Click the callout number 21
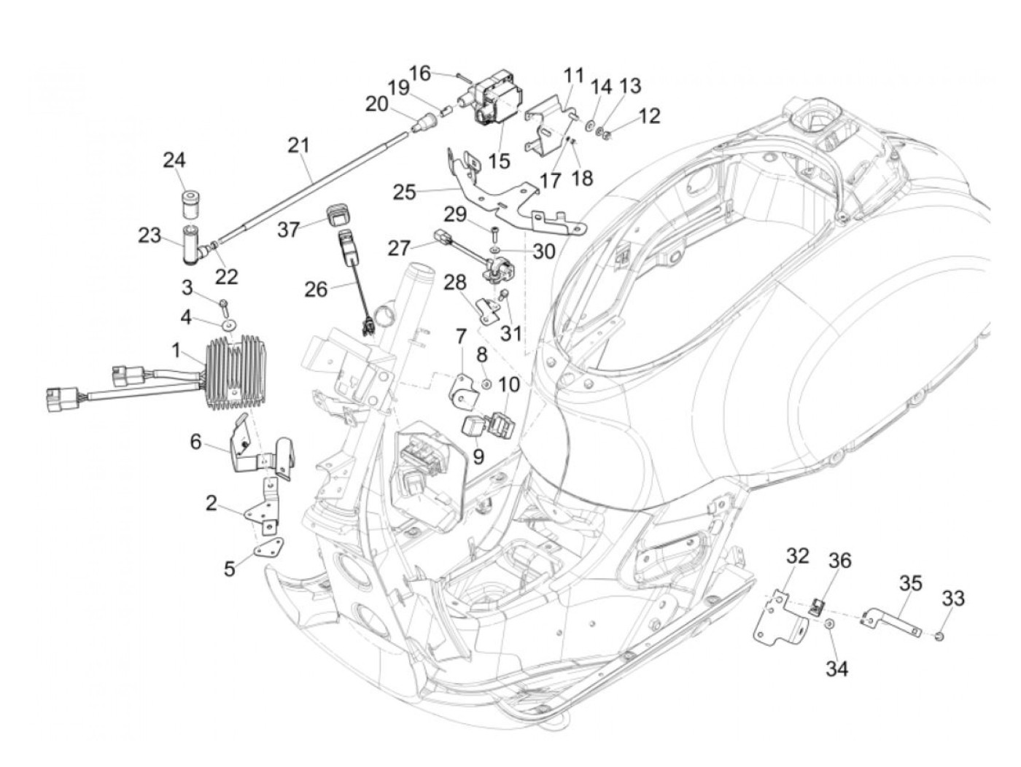(298, 146)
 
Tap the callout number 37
(289, 229)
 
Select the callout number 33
(953, 599)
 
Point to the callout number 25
(404, 192)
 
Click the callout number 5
(229, 569)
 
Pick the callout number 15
(499, 161)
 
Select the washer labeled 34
(828, 624)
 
